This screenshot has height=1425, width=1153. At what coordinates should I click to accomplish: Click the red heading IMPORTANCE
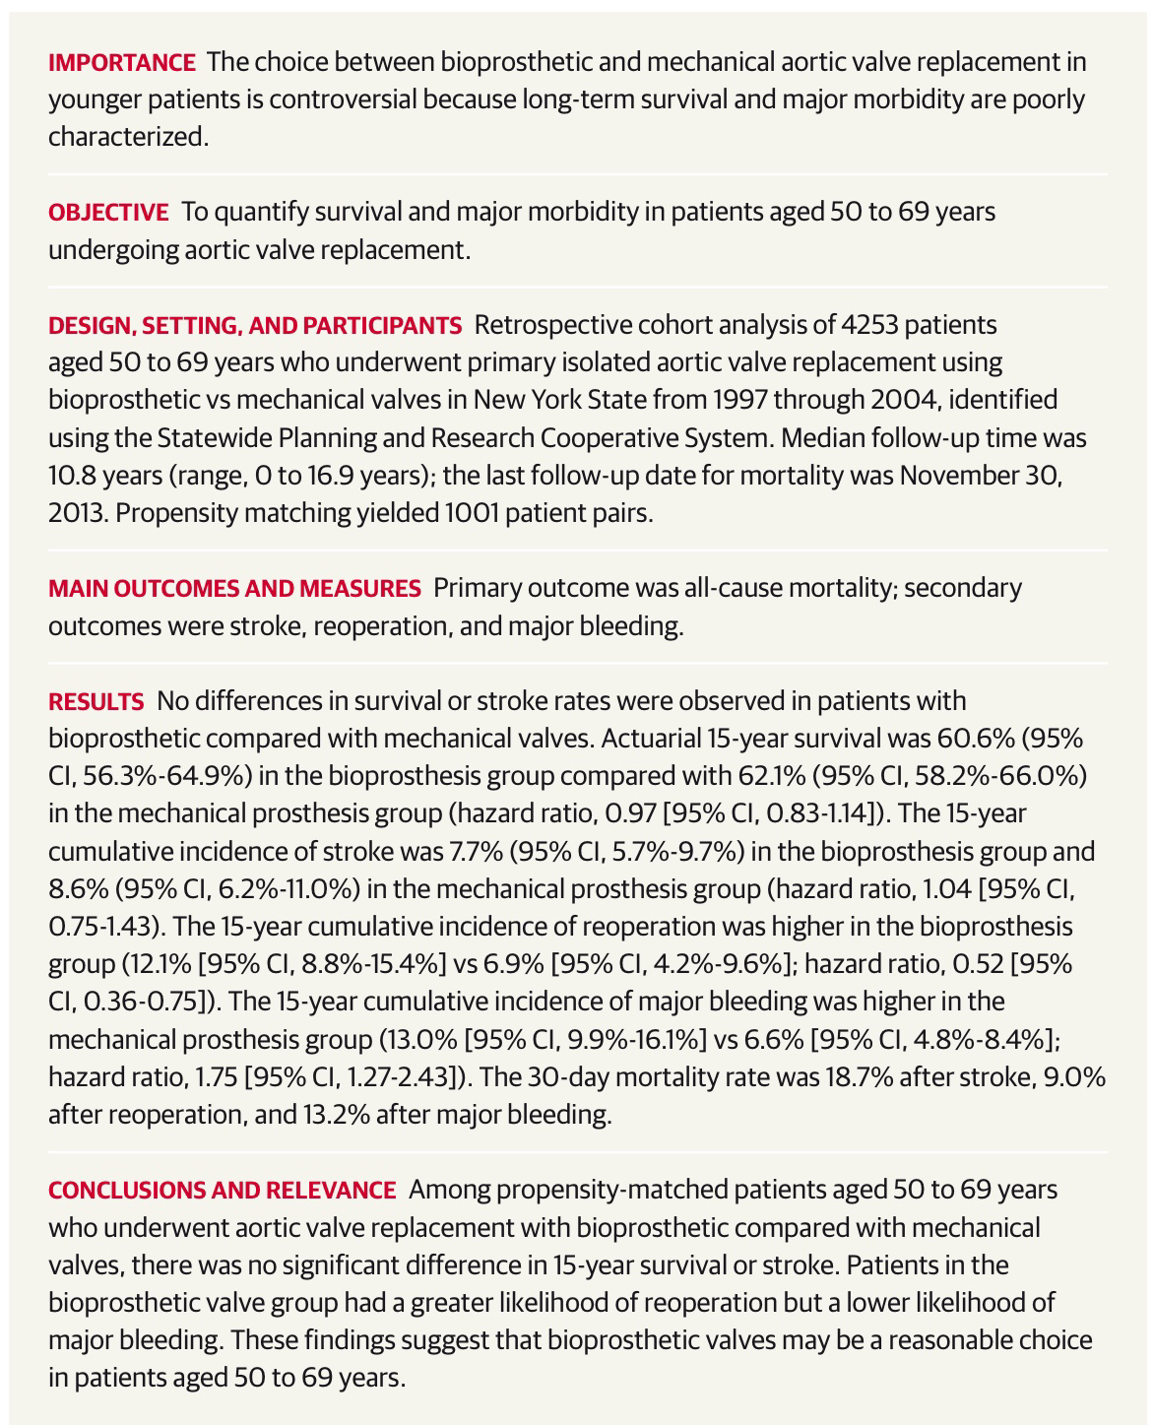pos(122,62)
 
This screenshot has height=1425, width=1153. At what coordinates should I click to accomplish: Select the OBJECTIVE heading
pos(108,212)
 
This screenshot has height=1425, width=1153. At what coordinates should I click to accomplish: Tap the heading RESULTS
pos(96,701)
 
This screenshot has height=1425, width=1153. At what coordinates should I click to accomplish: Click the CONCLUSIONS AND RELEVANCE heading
pos(222,1190)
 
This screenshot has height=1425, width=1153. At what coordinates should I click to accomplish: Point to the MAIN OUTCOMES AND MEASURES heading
pos(234,588)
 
